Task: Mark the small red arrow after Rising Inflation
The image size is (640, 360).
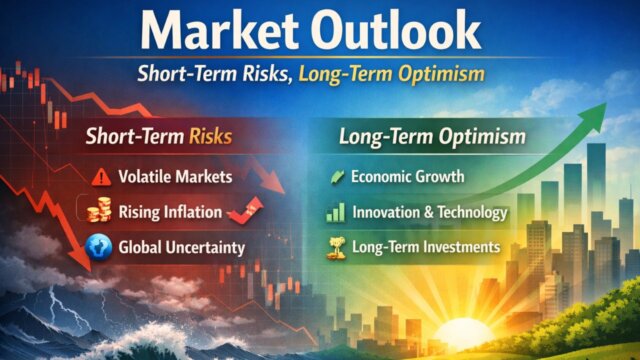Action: (246, 210)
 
